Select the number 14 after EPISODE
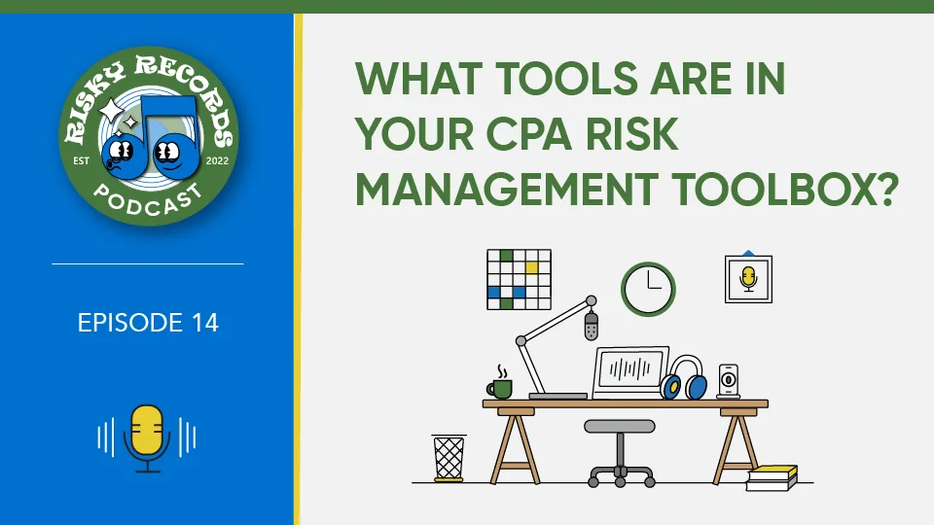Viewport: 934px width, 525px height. pyautogui.click(x=205, y=323)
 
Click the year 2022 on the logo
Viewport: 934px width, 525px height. pyautogui.click(x=217, y=160)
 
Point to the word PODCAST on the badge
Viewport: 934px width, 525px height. pyautogui.click(x=148, y=199)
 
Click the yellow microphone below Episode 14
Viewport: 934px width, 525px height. pyautogui.click(x=147, y=437)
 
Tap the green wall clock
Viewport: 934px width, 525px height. pyautogui.click(x=648, y=290)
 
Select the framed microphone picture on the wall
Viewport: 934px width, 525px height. pyautogui.click(x=748, y=279)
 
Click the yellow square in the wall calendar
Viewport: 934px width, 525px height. pyautogui.click(x=531, y=268)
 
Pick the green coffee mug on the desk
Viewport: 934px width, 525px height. pyautogui.click(x=500, y=388)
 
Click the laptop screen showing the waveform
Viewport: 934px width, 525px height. pyautogui.click(x=630, y=370)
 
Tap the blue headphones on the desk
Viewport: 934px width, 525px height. pyautogui.click(x=684, y=378)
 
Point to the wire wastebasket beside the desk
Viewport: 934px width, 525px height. pyautogui.click(x=449, y=458)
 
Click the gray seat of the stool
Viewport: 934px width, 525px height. pyautogui.click(x=620, y=426)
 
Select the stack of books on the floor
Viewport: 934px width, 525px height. pyautogui.click(x=772, y=478)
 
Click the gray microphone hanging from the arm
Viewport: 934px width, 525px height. pyautogui.click(x=591, y=326)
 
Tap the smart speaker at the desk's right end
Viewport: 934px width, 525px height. pyautogui.click(x=729, y=381)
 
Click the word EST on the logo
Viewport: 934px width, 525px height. pyautogui.click(x=81, y=160)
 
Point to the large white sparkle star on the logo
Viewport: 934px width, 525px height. pyautogui.click(x=111, y=111)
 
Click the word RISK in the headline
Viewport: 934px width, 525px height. pyautogui.click(x=632, y=133)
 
